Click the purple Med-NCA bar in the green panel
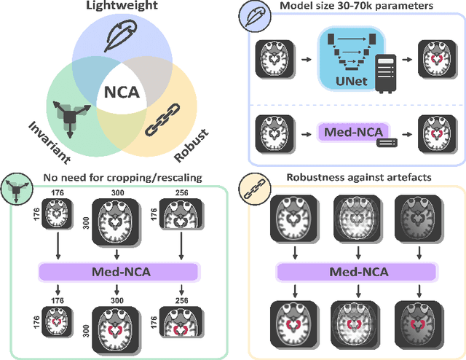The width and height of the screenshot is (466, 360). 119,271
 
